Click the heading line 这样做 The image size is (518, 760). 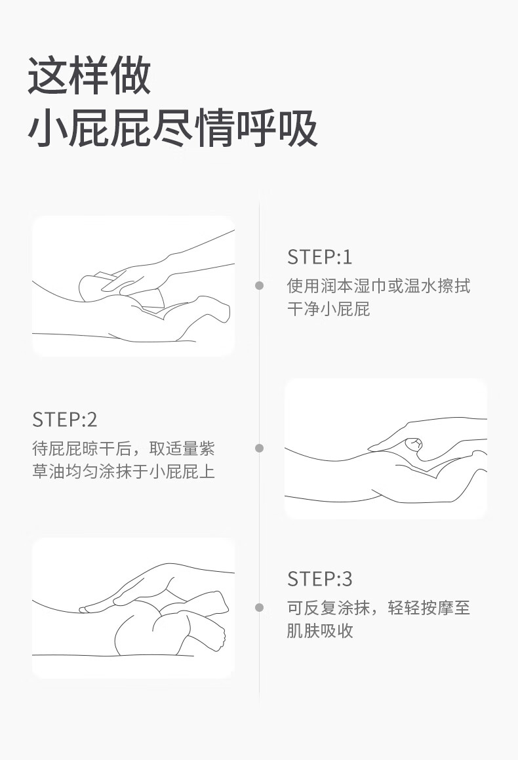click(90, 75)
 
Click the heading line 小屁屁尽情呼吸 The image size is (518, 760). click(173, 128)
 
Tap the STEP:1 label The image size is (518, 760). click(320, 257)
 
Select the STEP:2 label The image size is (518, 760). click(65, 420)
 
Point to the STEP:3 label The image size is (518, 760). click(320, 579)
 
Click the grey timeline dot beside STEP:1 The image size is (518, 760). click(259, 285)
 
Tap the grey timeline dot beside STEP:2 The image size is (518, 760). click(259, 448)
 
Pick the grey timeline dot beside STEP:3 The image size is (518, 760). click(259, 607)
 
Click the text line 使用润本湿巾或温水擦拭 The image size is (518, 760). click(378, 285)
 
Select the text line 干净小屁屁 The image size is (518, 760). click(329, 309)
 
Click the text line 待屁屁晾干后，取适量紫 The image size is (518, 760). click(123, 449)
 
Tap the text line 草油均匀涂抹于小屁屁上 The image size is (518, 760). click(123, 471)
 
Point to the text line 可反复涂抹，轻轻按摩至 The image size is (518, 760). click(378, 608)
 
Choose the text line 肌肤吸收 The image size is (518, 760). click(320, 631)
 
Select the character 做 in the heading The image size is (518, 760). click(131, 75)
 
